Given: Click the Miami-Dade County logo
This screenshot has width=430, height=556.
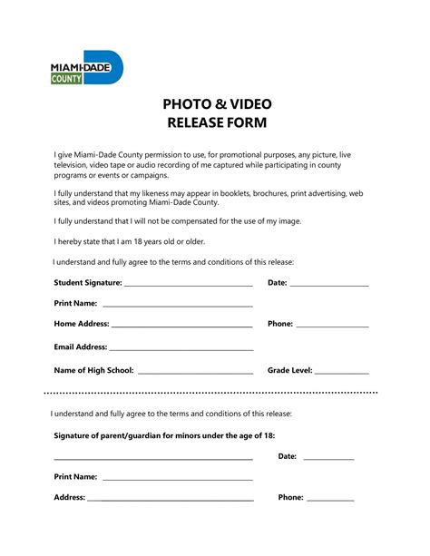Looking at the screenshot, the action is [x=86, y=68].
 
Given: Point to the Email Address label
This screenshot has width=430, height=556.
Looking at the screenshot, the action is [x=80, y=346].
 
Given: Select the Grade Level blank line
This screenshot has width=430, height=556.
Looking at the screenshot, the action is [x=342, y=372].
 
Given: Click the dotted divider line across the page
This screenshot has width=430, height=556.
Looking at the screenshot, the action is [x=210, y=393].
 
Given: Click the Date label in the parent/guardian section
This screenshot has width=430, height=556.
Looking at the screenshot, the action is [x=287, y=456].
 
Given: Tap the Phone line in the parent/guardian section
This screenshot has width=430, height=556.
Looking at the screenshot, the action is [x=330, y=499].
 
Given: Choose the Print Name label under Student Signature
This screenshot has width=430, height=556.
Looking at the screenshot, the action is [x=75, y=303].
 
